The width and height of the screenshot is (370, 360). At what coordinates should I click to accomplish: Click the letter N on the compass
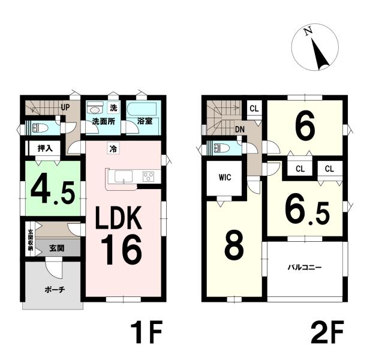click(308, 31)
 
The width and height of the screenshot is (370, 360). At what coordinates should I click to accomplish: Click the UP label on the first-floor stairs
click(65, 107)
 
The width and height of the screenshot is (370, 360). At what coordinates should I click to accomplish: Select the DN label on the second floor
click(240, 130)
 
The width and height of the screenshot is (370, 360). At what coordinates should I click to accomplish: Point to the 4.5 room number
click(52, 188)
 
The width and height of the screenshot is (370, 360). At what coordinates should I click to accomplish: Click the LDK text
click(118, 218)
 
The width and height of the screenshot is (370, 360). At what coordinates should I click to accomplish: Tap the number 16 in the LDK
click(122, 250)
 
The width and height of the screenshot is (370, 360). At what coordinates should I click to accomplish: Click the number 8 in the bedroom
click(234, 245)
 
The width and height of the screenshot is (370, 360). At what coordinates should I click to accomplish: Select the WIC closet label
click(225, 177)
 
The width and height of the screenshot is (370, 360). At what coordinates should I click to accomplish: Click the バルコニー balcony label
click(305, 268)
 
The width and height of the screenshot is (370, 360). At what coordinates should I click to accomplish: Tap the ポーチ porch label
click(55, 289)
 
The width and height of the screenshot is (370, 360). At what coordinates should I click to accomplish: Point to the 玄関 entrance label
click(57, 248)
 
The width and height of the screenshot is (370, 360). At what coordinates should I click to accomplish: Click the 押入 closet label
click(45, 148)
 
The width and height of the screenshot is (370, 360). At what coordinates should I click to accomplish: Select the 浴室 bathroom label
click(145, 121)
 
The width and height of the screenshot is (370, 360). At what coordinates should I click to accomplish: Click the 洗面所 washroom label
click(103, 121)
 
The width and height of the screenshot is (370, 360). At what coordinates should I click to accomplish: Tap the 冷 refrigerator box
click(113, 148)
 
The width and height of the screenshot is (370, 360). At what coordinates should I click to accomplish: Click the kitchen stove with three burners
click(149, 176)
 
